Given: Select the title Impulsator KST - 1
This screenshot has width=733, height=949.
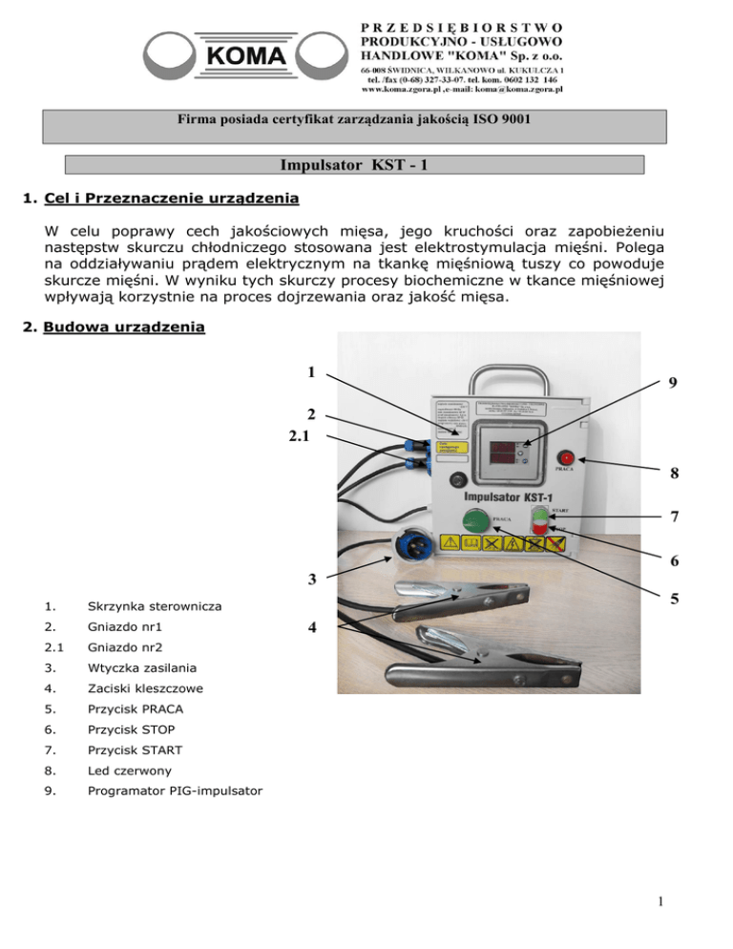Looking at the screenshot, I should coord(366,164).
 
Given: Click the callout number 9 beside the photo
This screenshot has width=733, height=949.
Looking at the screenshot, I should coord(674,385).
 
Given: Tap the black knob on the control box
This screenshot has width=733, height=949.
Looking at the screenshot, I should coord(462,477).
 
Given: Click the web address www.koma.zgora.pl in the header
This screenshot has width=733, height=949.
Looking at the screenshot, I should coord(405,91).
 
